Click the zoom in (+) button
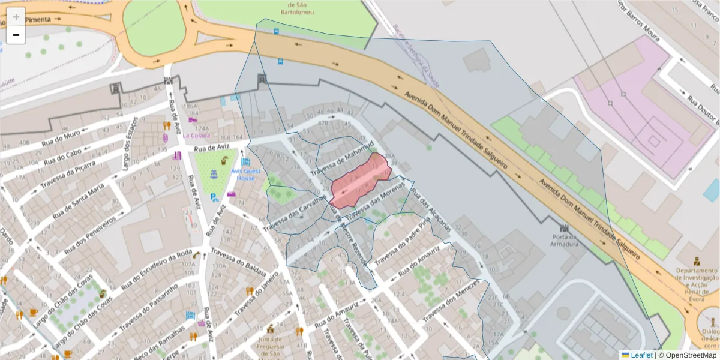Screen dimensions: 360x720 pyautogui.click(x=16, y=17)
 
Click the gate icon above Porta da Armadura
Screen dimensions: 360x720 pyautogui.click(x=564, y=229)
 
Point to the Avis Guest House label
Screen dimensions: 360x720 pyautogui.click(x=246, y=174)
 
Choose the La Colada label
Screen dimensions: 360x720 pyautogui.click(x=196, y=135)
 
